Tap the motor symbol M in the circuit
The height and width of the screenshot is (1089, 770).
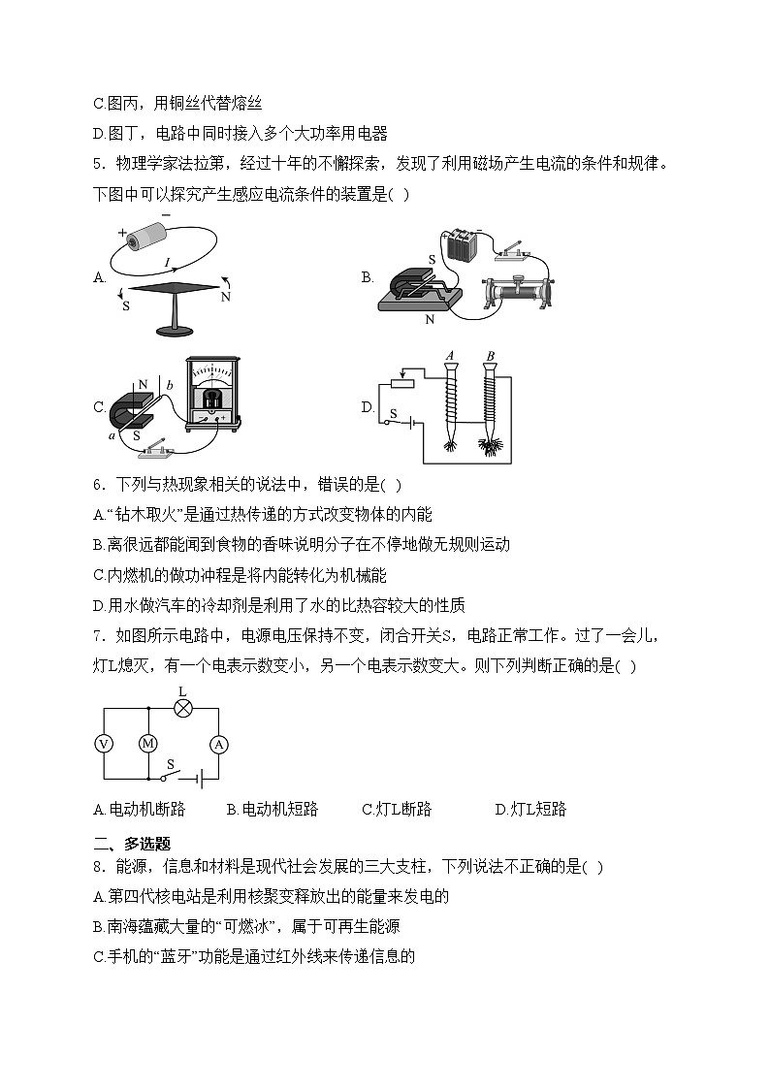[x=147, y=744]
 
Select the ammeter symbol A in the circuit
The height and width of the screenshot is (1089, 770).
[x=219, y=744]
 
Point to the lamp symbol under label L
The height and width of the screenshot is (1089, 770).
[x=181, y=708]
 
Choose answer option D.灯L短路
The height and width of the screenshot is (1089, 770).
[x=530, y=809]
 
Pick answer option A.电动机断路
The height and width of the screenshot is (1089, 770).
[x=139, y=809]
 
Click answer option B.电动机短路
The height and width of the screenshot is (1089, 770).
[x=272, y=809]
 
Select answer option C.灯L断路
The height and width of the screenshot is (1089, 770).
[x=397, y=809]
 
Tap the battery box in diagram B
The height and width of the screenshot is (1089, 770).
[x=458, y=245]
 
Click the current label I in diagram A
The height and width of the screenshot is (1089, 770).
[x=169, y=262]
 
